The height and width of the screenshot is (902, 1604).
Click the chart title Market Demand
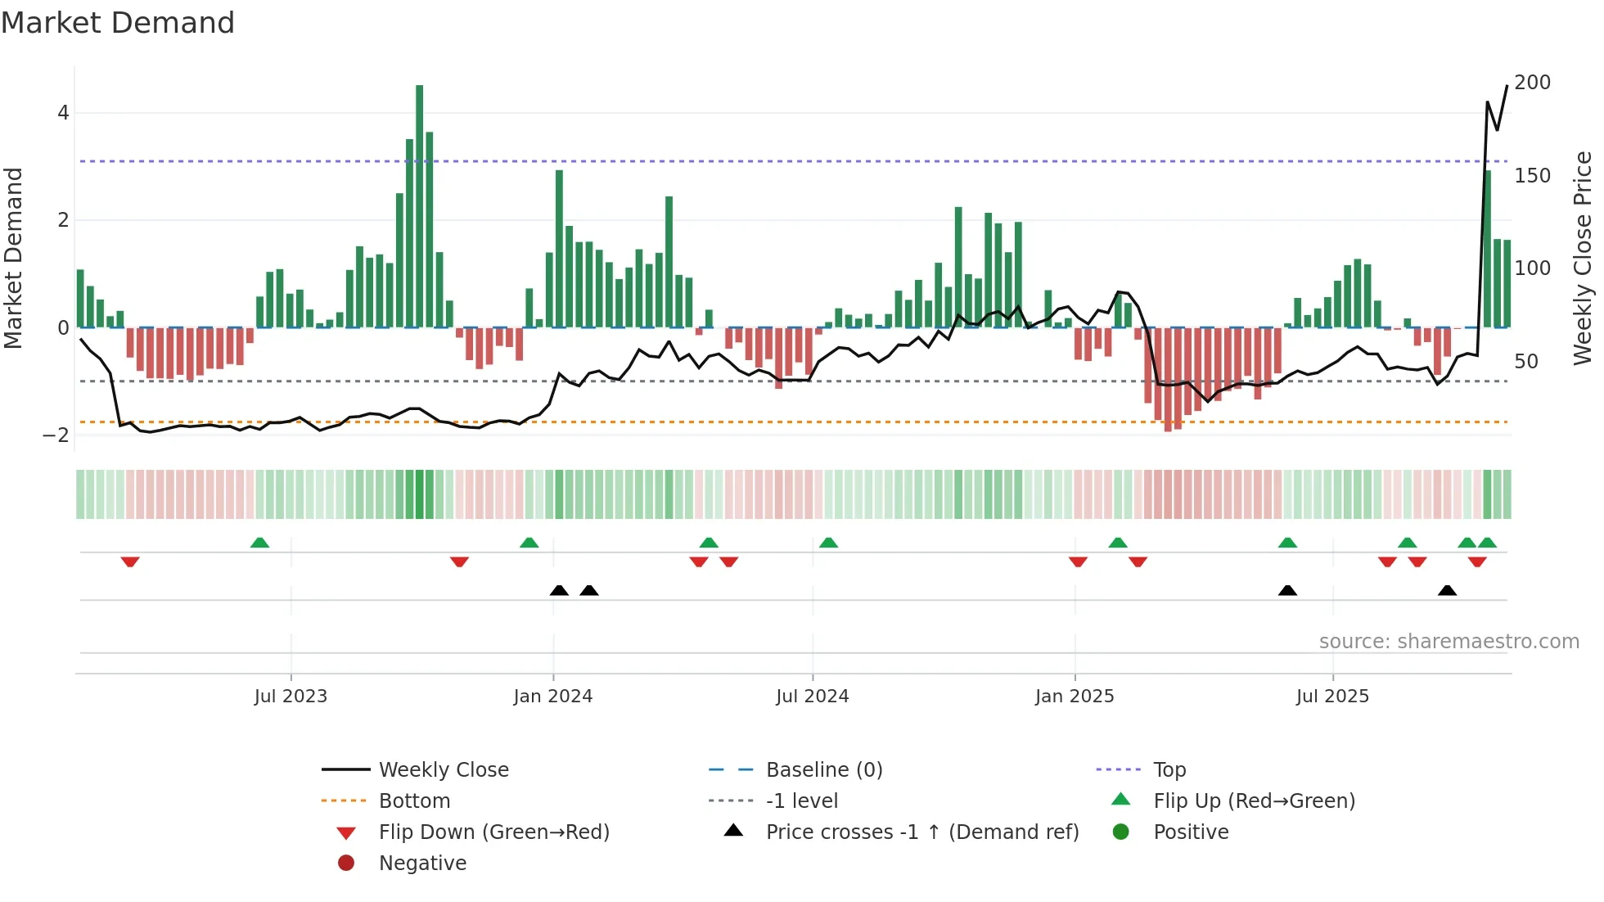[118, 23]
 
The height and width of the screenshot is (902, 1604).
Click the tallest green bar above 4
[420, 205]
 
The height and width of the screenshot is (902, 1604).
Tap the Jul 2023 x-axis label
[291, 697]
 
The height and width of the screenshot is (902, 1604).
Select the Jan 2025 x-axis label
[1075, 697]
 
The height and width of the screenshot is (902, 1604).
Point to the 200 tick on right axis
[1532, 83]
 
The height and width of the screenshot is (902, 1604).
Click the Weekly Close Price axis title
[1583, 258]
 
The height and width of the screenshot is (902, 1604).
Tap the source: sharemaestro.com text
[1449, 642]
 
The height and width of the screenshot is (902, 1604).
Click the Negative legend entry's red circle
[346, 864]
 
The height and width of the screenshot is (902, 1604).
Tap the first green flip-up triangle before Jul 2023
[259, 543]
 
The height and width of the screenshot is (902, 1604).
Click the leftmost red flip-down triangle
[130, 561]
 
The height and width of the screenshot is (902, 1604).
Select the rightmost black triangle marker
[1447, 590]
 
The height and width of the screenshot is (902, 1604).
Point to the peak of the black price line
[1507, 86]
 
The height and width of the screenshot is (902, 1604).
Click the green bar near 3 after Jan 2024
[560, 246]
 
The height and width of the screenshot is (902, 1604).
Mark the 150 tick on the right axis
[1532, 176]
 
